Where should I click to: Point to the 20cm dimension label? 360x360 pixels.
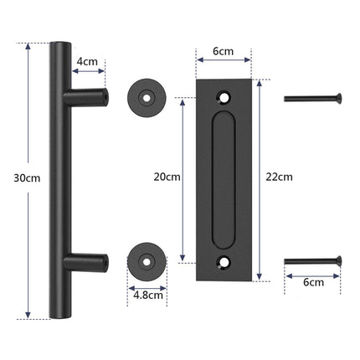167,177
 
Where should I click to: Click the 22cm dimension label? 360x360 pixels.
278,177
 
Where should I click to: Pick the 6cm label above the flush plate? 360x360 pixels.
223,52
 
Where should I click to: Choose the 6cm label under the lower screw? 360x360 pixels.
313,282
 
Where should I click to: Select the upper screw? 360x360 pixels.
313,98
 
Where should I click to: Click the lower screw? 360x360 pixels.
313,260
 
